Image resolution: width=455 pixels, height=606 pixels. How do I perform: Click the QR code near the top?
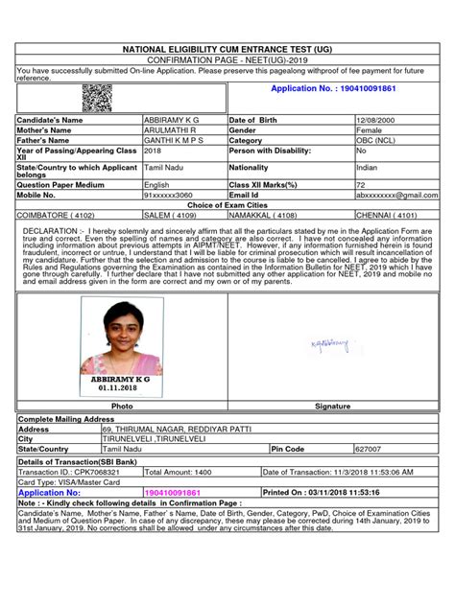click(97, 96)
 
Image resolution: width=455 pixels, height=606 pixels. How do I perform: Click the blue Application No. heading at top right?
click(334, 88)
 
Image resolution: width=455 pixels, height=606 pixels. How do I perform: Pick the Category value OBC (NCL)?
click(375, 140)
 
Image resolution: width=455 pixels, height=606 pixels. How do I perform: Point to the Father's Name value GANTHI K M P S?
click(177, 140)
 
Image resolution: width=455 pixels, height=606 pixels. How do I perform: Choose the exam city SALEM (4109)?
click(169, 217)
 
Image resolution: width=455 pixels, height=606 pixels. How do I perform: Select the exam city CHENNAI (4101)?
click(387, 217)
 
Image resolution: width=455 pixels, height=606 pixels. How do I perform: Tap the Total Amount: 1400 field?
click(178, 472)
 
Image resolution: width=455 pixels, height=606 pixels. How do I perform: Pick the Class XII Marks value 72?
click(361, 184)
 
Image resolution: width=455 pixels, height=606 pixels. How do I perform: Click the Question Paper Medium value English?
click(156, 184)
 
